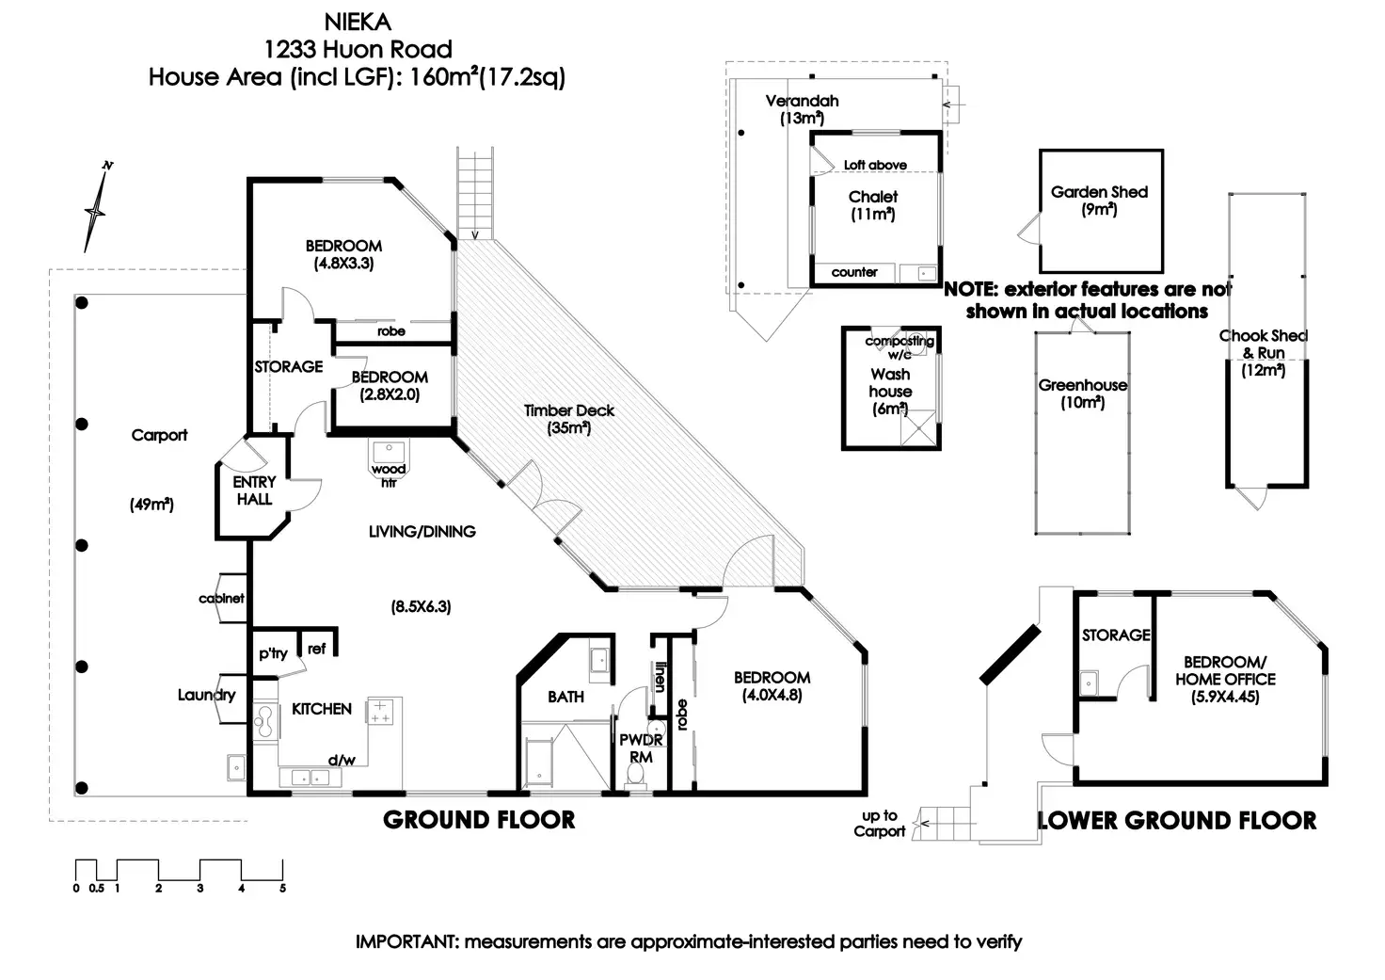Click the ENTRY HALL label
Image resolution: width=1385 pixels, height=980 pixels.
pyautogui.click(x=254, y=490)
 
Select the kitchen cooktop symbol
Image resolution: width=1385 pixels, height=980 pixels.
pyautogui.click(x=379, y=712)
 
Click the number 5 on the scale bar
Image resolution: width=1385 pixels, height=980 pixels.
pyautogui.click(x=282, y=889)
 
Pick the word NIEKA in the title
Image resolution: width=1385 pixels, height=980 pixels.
pyautogui.click(x=358, y=23)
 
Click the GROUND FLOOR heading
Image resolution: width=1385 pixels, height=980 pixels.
pyautogui.click(x=479, y=820)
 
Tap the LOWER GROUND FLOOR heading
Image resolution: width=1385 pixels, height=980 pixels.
pyautogui.click(x=1177, y=820)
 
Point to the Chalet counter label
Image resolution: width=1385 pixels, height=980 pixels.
pyautogui.click(x=854, y=272)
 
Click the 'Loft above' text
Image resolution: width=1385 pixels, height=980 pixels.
pyautogui.click(x=875, y=165)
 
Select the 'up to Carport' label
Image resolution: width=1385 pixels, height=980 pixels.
pyautogui.click(x=879, y=824)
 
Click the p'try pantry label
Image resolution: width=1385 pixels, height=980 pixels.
pyautogui.click(x=273, y=653)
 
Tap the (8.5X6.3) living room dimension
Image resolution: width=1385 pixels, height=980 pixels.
pyautogui.click(x=422, y=606)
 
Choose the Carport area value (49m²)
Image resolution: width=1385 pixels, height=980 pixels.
pyautogui.click(x=151, y=505)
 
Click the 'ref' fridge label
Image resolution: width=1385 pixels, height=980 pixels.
pyautogui.click(x=316, y=649)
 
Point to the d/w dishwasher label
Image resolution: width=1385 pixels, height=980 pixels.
pyautogui.click(x=342, y=760)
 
